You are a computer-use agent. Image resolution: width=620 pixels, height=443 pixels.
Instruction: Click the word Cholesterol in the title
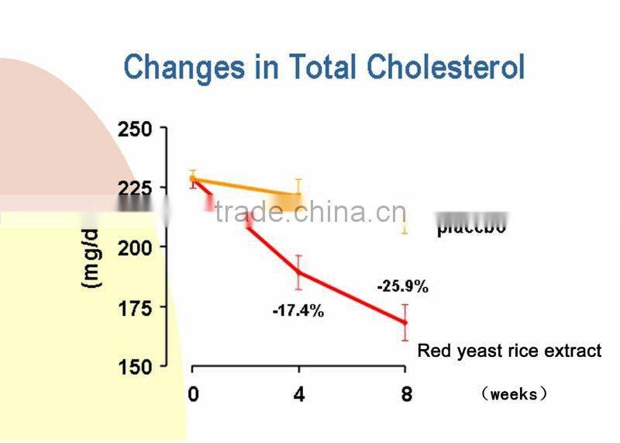click(446, 67)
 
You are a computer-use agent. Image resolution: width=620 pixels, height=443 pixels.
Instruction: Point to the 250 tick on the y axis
click(136, 129)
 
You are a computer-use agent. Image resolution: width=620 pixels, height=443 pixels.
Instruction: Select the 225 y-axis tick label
click(136, 188)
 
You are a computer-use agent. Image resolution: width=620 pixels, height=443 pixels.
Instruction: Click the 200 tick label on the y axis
click(136, 247)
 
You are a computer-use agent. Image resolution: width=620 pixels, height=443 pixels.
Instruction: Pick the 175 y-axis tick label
click(136, 307)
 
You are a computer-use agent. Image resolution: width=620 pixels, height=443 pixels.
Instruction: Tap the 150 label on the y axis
click(136, 366)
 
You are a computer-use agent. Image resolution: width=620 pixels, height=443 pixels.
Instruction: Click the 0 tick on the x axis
click(193, 394)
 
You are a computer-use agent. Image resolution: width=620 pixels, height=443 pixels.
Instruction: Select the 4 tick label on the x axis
click(299, 394)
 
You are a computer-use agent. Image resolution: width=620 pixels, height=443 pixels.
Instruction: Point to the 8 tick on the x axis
click(405, 394)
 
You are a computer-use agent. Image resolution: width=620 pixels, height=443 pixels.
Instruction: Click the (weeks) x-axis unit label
click(514, 394)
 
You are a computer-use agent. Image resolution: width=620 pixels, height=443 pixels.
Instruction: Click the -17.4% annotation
click(298, 312)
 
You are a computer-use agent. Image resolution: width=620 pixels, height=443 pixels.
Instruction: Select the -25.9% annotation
click(402, 287)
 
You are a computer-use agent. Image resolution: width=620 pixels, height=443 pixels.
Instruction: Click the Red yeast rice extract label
click(509, 351)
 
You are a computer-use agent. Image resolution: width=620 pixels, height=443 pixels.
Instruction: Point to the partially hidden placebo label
click(470, 228)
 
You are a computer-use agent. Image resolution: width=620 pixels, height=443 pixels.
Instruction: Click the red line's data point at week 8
click(405, 322)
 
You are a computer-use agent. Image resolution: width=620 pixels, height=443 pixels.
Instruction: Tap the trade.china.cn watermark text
click(310, 212)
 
